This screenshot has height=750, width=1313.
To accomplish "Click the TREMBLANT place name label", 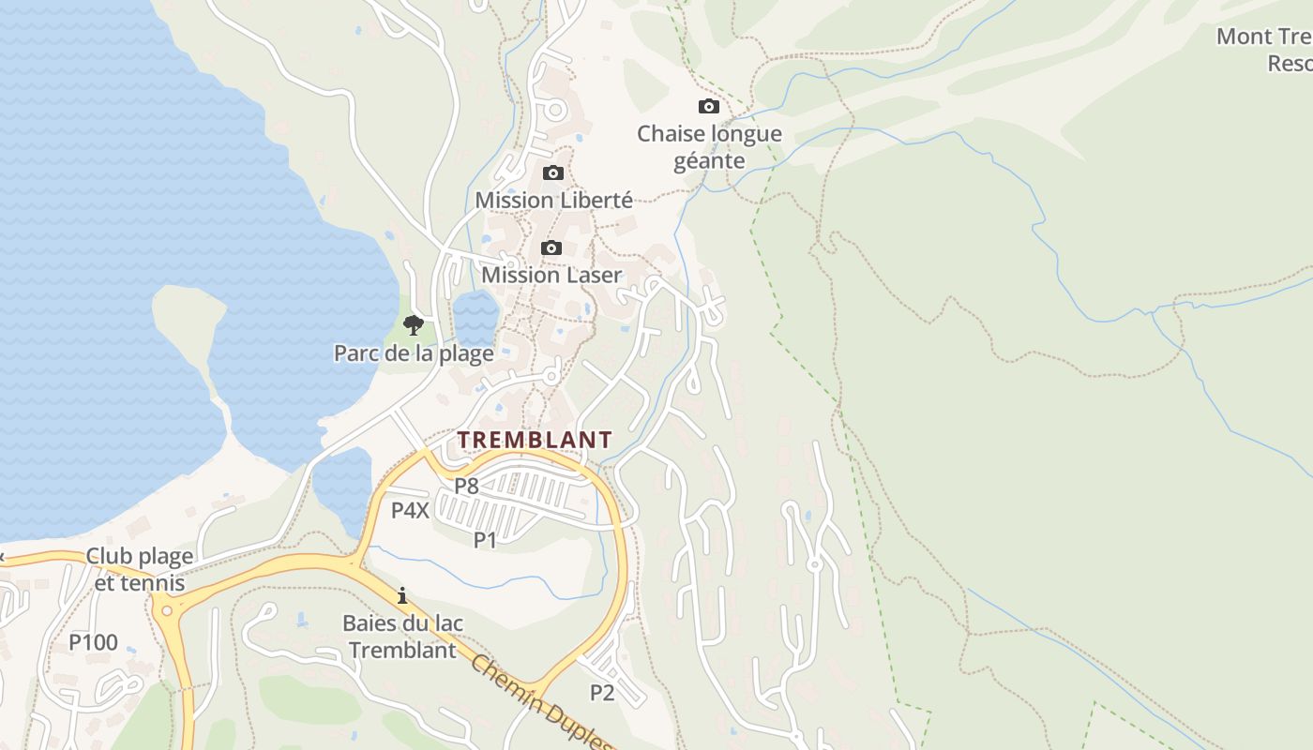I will [535, 440].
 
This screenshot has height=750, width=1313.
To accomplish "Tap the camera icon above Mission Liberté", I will [553, 173].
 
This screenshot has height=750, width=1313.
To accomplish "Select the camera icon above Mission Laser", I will [551, 248].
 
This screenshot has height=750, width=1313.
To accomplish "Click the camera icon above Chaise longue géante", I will [709, 107].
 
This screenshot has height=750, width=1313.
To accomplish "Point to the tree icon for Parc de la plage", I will [413, 326].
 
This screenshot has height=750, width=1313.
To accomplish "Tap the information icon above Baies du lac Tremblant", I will [402, 595].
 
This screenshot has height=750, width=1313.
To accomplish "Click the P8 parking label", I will [466, 486].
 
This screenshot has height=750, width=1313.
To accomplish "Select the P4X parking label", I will [410, 510].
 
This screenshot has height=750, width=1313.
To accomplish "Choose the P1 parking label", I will [485, 539].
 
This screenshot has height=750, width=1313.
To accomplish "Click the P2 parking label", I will [601, 692].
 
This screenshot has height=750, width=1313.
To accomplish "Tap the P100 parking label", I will [94, 642].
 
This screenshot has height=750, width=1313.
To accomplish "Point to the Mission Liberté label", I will [553, 200].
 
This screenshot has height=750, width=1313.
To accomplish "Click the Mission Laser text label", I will [551, 275].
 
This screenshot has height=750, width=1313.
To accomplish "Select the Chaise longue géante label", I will [709, 147].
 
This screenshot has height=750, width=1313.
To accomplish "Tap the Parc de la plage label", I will [414, 353].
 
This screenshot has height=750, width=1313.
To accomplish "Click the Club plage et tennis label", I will [140, 569].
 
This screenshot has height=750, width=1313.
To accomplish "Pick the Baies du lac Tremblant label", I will [402, 636].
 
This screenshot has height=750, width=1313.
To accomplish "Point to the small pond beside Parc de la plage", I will [475, 317].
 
